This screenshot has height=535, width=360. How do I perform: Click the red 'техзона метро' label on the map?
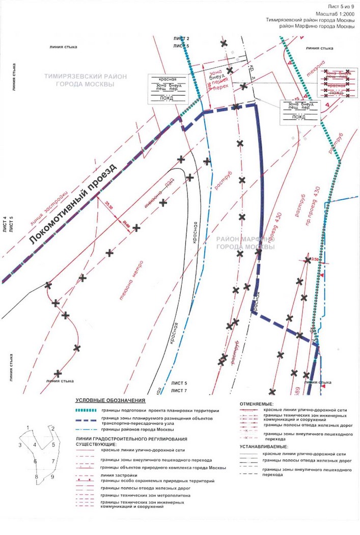pos(132,281)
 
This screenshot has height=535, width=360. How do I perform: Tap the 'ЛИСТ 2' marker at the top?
pos(181,39)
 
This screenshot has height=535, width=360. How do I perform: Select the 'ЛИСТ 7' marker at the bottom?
pos(180,390)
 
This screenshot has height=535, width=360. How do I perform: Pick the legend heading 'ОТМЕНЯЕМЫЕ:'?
pos(256,404)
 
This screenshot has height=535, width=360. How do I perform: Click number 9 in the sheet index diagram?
pos(52,477)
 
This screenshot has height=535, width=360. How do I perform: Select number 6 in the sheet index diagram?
pos(35,462)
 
